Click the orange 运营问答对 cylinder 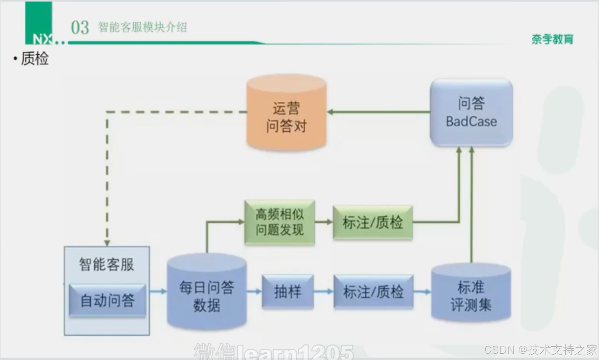[x=286, y=113]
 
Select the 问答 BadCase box [x=471, y=113]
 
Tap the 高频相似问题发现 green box [x=280, y=222]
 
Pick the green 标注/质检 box [x=372, y=222]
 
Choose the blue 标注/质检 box [x=373, y=292]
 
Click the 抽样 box [x=288, y=292]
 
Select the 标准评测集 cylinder [x=471, y=295]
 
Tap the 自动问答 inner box [x=107, y=300]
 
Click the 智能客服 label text [x=106, y=265]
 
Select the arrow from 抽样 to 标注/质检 [x=323, y=292]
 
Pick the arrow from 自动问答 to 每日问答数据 [x=158, y=291]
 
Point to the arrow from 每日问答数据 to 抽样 [x=254, y=291]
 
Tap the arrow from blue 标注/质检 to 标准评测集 [x=422, y=292]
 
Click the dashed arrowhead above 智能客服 [x=107, y=242]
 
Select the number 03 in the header [x=80, y=28]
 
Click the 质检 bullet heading [x=34, y=59]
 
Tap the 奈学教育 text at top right [x=552, y=39]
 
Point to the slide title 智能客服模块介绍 [x=142, y=27]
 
